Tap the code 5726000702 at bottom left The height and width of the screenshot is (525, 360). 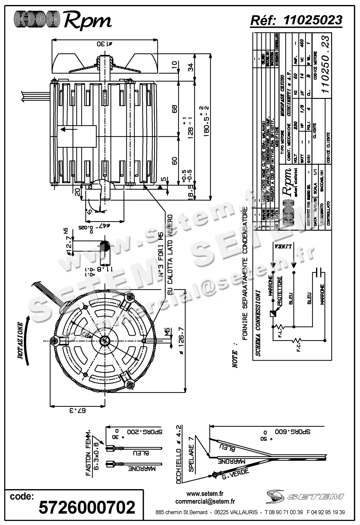[x=87, y=507]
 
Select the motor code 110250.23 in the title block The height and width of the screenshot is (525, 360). [x=325, y=64]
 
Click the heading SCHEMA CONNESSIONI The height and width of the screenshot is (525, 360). [x=258, y=323]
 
